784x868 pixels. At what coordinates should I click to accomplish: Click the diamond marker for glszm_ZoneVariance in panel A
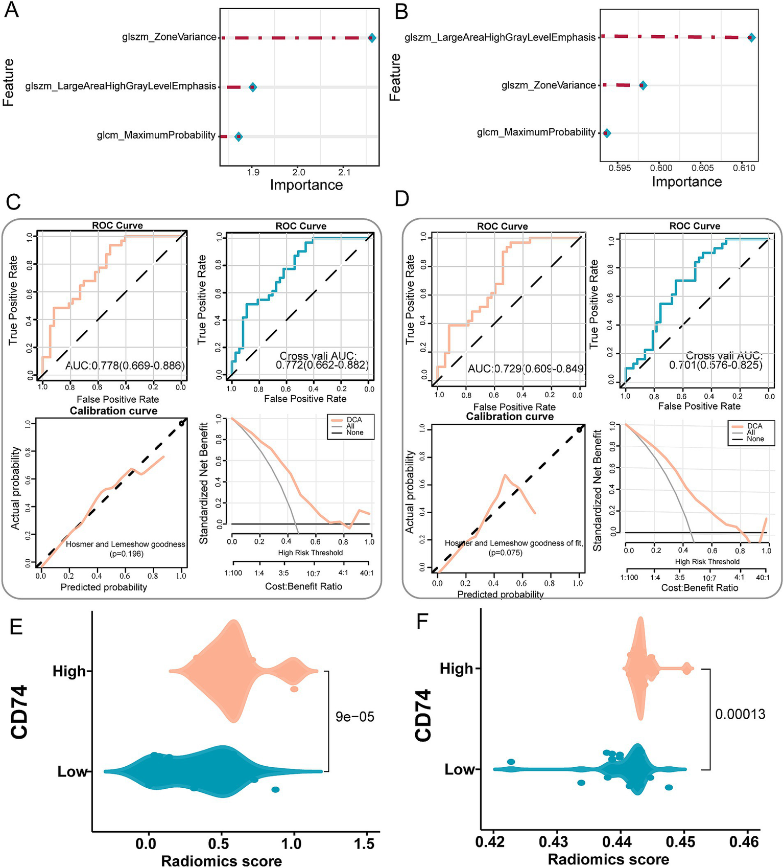click(x=372, y=38)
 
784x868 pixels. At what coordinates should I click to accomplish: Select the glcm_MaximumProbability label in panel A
click(x=156, y=135)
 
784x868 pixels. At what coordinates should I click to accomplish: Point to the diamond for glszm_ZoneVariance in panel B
click(x=643, y=85)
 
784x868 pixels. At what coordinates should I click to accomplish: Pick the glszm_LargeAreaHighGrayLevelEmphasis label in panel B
click(x=500, y=38)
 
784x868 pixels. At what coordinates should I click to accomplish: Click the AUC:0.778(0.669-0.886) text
click(x=125, y=365)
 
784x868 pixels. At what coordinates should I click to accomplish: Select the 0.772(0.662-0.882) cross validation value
click(x=322, y=365)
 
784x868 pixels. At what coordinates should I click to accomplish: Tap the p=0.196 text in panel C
click(x=127, y=554)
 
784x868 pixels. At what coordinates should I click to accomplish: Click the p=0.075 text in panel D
click(x=506, y=553)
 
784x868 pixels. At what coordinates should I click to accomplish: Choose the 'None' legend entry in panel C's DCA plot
click(x=354, y=432)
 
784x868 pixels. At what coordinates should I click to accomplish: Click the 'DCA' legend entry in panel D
click(x=754, y=426)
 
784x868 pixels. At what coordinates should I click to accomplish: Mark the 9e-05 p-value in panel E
click(x=355, y=717)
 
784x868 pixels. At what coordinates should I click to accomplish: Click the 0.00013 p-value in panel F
click(x=740, y=714)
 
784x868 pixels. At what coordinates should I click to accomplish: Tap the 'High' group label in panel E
click(x=69, y=671)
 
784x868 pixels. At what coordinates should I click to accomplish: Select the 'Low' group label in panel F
click(x=460, y=769)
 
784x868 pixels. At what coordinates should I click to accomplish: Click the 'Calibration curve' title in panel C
click(x=113, y=412)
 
